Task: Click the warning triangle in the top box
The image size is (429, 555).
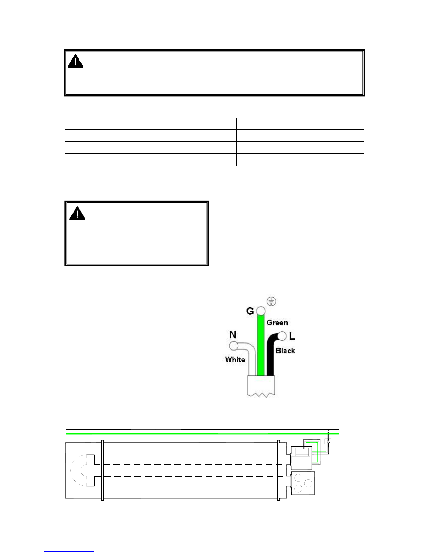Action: tap(75, 61)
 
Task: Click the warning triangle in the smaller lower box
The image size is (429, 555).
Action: tap(77, 213)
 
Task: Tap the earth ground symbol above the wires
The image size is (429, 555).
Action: tap(271, 301)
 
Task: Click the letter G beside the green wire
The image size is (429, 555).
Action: tap(250, 311)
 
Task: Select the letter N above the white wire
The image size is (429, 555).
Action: tap(233, 334)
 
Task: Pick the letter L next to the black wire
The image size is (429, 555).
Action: tap(292, 336)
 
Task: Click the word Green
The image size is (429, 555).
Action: tap(277, 322)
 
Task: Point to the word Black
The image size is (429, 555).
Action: tap(285, 351)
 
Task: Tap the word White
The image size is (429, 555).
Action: tap(235, 360)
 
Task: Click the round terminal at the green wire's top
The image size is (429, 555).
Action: tap(261, 311)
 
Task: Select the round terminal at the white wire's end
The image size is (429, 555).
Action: tap(234, 346)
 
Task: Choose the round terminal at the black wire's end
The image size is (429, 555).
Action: tap(282, 336)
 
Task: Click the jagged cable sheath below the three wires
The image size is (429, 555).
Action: tap(261, 386)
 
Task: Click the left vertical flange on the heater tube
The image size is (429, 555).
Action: tap(102, 470)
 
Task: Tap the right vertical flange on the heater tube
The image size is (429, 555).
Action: tap(279, 470)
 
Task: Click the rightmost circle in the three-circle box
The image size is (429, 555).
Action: tap(308, 483)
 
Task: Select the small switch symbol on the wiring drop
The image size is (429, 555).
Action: tap(328, 441)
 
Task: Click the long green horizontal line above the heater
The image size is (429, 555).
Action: tap(202, 434)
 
